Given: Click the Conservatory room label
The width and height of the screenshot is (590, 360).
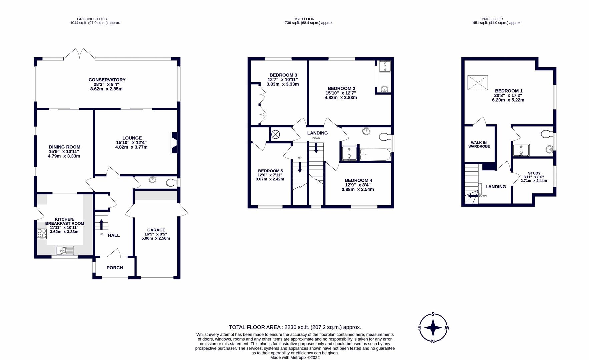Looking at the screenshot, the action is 107,80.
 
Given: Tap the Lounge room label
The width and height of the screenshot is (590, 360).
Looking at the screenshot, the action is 132,138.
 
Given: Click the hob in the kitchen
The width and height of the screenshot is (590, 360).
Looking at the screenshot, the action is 42,234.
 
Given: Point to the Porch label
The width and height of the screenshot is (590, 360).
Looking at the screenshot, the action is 115,268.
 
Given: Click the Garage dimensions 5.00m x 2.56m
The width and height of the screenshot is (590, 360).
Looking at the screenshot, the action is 156,238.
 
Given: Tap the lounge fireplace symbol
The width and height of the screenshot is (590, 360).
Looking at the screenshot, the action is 174,143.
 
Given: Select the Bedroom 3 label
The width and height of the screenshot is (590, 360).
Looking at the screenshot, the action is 283,75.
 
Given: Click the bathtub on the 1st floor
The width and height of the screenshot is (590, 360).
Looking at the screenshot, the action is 375,155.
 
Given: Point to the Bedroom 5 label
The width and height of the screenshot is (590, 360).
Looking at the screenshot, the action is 270,171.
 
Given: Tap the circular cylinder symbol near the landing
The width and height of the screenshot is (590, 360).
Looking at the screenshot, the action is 276,135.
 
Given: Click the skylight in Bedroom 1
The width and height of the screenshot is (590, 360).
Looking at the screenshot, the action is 478,83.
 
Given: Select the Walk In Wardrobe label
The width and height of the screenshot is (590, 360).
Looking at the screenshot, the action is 479,145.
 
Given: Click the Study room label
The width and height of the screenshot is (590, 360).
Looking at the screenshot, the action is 534,173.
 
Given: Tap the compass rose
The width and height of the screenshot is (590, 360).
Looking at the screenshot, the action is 433,328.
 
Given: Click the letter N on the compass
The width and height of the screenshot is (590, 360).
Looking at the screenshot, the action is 433,341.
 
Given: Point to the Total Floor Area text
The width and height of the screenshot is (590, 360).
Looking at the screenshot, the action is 295,327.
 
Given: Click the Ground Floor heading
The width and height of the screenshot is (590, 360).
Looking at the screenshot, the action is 92,19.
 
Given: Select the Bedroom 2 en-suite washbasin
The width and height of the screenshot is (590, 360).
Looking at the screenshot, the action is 385,89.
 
